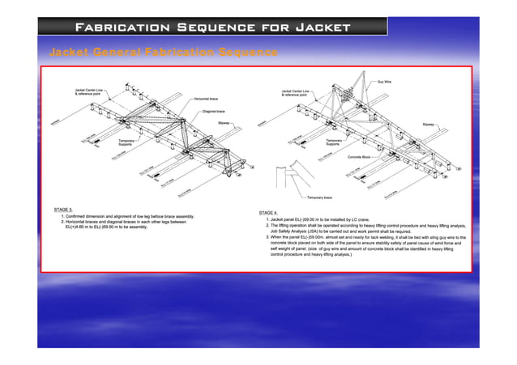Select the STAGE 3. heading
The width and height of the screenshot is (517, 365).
64,209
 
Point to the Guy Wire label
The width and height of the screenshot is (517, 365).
386,81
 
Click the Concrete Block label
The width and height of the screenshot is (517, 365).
359,156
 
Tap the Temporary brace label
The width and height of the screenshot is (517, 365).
319,197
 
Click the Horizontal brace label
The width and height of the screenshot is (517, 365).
205,99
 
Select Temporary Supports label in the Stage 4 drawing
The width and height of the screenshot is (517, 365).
333,142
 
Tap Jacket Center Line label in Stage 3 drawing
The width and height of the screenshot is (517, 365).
90,91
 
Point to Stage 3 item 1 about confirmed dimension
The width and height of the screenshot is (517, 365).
128,217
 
